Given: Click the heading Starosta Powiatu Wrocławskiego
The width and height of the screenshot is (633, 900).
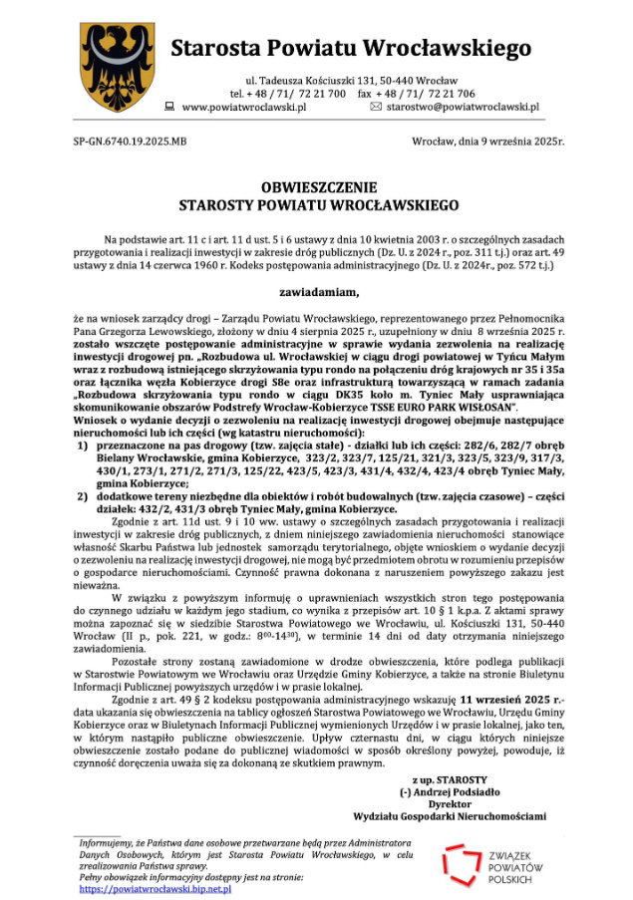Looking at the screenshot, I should tap(350, 48).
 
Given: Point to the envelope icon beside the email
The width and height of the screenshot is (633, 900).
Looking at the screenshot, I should tap(376, 107).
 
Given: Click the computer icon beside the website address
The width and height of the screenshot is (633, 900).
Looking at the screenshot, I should tap(169, 107).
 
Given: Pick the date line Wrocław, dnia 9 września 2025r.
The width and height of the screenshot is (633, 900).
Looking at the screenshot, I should tap(487, 143).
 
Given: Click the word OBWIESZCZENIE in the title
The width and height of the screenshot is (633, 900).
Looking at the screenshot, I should tap(319, 187).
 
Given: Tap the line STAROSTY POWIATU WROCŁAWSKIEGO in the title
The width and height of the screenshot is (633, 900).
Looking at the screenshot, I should tap(319, 205).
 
